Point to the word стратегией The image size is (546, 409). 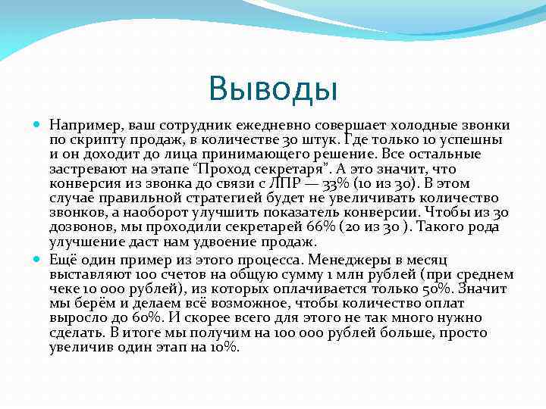(x=222, y=198)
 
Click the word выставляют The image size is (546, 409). (x=86, y=273)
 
